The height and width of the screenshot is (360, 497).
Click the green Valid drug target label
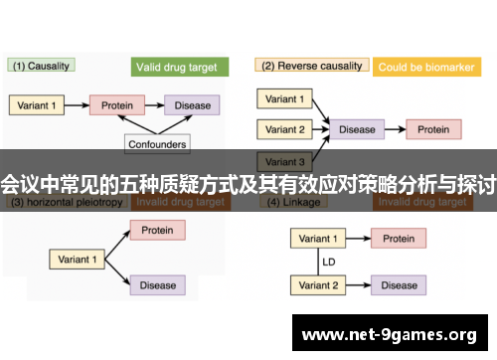pyautogui.click(x=180, y=68)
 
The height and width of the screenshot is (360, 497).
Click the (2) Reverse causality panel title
pyautogui.click(x=311, y=67)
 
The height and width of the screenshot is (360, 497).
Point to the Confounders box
pyautogui.click(x=158, y=144)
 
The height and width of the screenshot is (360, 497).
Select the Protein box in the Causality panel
pyautogui.click(x=117, y=104)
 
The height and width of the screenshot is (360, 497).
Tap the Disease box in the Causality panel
pyautogui.click(x=193, y=104)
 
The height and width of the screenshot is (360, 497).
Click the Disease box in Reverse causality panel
pyautogui.click(x=358, y=129)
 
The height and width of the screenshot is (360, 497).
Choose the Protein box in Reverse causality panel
pyautogui.click(x=432, y=129)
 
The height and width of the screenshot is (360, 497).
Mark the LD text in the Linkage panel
pyautogui.click(x=327, y=263)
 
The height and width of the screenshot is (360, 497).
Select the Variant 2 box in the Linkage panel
pyautogui.click(x=318, y=285)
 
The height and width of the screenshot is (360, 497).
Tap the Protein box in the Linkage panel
pyautogui.click(x=399, y=239)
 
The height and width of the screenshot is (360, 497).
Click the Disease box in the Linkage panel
pyautogui.click(x=399, y=285)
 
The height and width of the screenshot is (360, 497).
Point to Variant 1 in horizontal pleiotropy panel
pyautogui.click(x=78, y=259)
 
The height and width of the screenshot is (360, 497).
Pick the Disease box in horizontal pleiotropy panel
pyautogui.click(x=157, y=285)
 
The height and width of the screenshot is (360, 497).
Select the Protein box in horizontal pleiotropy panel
pyautogui.click(x=157, y=231)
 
